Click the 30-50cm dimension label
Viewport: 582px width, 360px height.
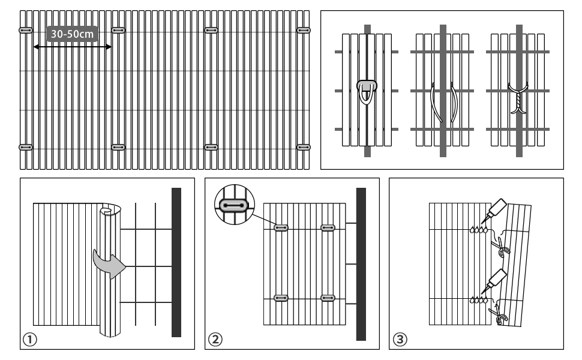tap(73, 34)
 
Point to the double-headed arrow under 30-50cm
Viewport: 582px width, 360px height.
tap(73, 46)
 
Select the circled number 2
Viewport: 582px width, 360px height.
tap(214, 340)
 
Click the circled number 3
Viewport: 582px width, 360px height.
tap(399, 340)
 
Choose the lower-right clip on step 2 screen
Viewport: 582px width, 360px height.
tap(327, 298)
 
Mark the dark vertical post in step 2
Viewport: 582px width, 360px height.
tap(361, 264)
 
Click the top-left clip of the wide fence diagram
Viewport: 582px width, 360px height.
tap(26, 30)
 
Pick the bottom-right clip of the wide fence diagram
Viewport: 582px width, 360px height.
tap(304, 146)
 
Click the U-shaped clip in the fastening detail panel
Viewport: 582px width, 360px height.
tap(367, 90)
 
